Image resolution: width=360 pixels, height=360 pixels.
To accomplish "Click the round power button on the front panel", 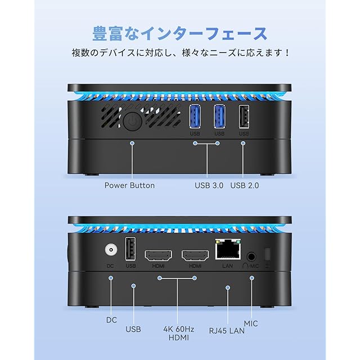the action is pos(132,123).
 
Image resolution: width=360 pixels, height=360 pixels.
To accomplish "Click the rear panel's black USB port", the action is pos(131,249).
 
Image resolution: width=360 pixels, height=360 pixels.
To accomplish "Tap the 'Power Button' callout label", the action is pos(129,185).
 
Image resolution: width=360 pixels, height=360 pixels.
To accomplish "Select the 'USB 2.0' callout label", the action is pos(248,185).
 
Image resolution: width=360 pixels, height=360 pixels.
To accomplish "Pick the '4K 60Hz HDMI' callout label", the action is pos(177,333).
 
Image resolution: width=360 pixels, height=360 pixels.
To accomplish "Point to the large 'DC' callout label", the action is pos(111,319).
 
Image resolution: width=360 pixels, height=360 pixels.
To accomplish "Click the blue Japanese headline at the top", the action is pos(181,33).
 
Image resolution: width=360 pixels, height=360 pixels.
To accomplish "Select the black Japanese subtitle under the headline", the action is pos(181,53).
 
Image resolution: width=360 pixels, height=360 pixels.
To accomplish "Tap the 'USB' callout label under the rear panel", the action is pos(133,329).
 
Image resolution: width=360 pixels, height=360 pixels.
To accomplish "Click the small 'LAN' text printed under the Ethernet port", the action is pos(227,265).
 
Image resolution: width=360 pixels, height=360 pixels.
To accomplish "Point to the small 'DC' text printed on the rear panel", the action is pos(111,265).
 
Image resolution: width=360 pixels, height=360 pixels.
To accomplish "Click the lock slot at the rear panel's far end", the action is pos(268,254).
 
